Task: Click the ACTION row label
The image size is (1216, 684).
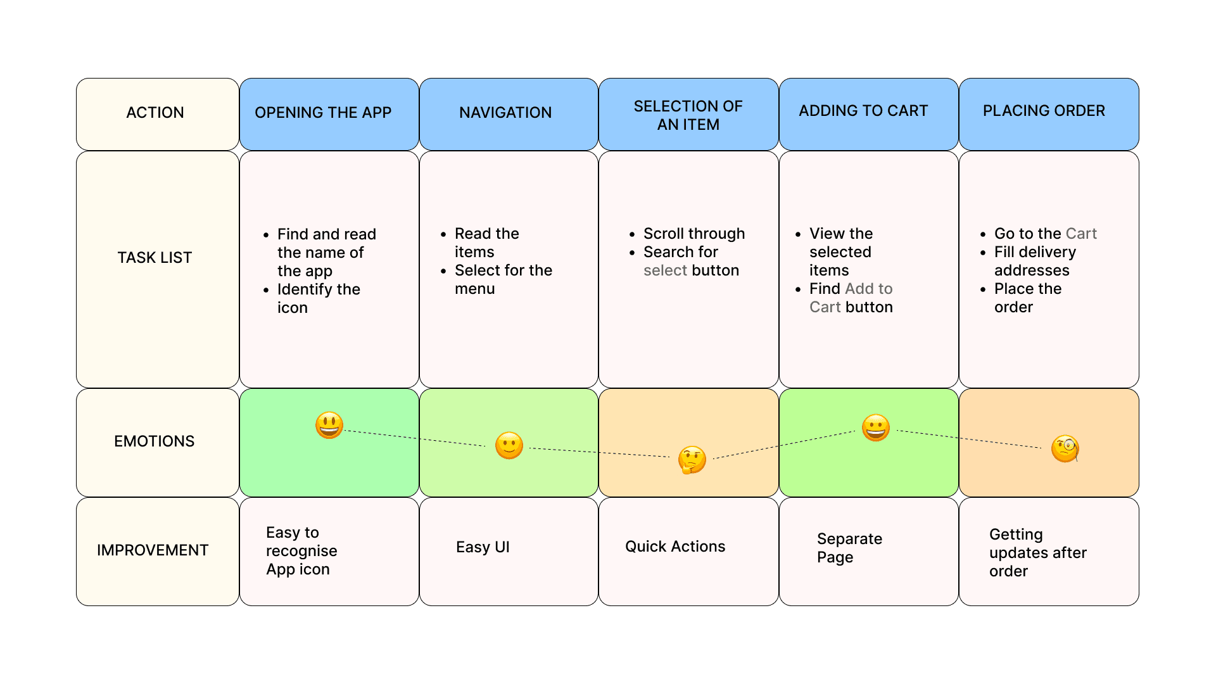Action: pos(155,113)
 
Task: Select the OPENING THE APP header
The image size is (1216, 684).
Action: pos(323,113)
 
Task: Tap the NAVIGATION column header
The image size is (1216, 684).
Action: pos(505,113)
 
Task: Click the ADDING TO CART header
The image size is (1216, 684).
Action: pos(863,111)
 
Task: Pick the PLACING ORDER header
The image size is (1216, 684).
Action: pos(1044,111)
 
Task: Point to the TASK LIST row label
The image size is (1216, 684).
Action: pos(155,258)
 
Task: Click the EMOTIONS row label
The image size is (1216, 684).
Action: pos(155,441)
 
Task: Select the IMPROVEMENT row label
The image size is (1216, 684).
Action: pos(153,550)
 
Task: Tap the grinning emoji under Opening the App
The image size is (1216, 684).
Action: pos(329,425)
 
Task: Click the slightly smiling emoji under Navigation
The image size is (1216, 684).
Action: pos(509,446)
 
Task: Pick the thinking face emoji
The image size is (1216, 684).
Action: pos(692,460)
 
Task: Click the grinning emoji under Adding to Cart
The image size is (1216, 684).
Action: pos(876,428)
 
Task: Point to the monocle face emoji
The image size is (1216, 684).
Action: pos(1065,449)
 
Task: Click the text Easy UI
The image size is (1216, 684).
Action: pos(483,547)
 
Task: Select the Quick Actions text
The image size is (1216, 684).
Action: pos(675,547)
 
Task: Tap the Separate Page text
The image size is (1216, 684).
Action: pos(849,548)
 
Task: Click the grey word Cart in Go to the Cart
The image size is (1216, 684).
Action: pos(1081,234)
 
